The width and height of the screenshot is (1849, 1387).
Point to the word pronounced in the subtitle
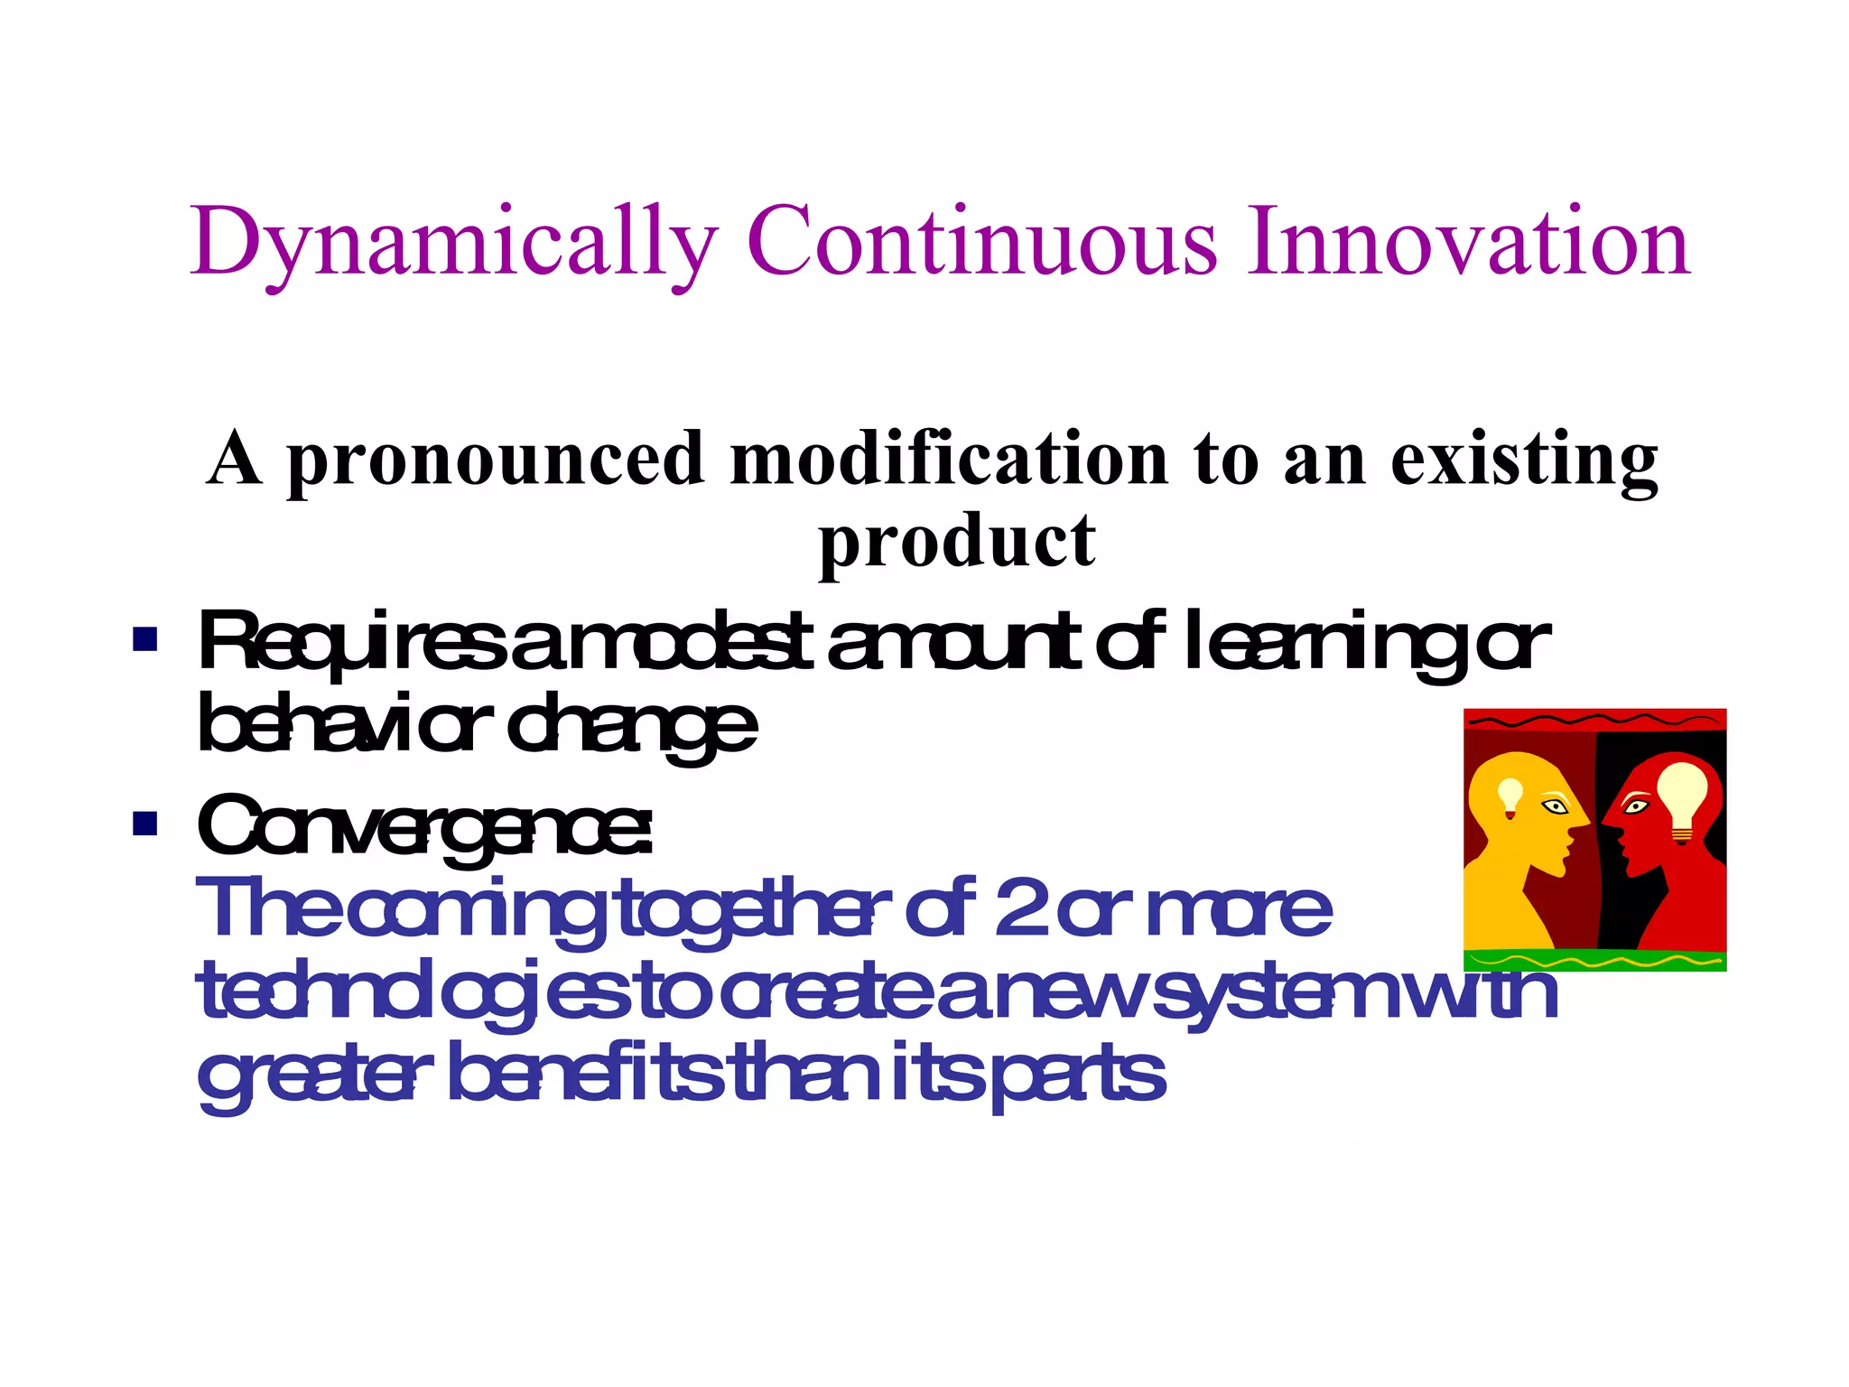coord(495,461)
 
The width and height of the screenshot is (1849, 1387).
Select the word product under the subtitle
coord(957,542)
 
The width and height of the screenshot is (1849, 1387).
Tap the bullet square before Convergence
coord(144,823)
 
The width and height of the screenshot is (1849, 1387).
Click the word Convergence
coord(424,826)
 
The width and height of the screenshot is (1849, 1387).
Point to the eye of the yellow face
coord(1555,805)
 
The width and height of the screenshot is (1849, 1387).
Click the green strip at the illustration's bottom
coord(1594,961)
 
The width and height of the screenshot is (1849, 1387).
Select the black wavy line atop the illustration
coord(1594,720)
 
